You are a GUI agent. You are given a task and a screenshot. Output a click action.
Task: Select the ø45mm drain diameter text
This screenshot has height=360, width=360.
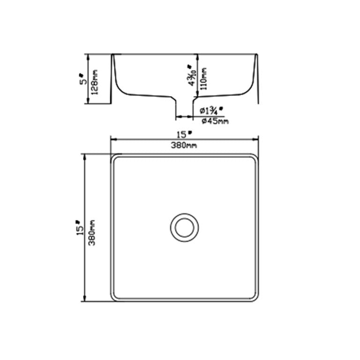pos(214,121)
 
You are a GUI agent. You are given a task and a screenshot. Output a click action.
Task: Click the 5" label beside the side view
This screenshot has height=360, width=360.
pos(82,78)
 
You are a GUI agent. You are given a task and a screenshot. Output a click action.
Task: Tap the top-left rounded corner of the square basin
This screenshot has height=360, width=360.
pos(113,157)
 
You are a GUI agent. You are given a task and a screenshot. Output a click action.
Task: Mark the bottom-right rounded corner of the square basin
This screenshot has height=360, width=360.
pos(255,298)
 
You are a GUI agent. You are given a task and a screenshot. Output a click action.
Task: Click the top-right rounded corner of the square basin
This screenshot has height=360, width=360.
pos(255,157)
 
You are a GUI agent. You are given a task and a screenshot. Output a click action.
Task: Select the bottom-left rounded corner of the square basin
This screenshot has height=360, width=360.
pos(113,298)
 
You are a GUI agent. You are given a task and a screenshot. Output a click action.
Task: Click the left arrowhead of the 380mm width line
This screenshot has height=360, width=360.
pos(112,139)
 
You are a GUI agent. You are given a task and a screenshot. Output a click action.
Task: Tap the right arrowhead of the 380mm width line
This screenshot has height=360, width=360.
pos(256,139)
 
